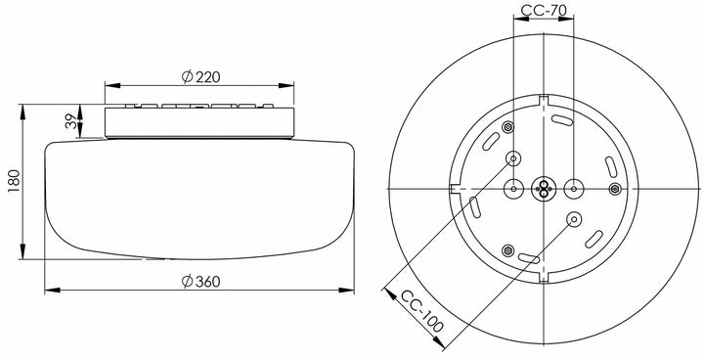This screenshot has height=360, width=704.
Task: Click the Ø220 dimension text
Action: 200,77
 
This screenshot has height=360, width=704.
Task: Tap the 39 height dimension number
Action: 71,121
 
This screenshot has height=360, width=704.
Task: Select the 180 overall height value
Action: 14,181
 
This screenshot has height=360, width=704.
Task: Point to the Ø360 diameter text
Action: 200,282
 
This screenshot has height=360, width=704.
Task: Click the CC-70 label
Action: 544,10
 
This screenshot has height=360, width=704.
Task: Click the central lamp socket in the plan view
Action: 544,189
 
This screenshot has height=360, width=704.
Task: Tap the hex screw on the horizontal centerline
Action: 615,189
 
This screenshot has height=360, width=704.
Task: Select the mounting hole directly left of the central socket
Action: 513,189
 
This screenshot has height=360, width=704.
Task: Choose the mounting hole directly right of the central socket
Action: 574,189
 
